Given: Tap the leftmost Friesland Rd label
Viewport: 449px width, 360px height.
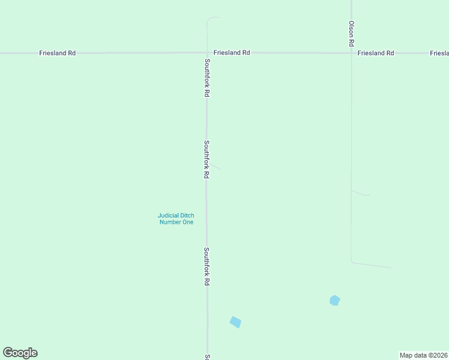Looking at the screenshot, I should point(58,53).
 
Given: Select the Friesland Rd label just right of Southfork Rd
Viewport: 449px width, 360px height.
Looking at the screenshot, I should point(232,53).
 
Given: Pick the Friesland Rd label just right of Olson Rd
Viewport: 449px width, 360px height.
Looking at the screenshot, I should point(376,53).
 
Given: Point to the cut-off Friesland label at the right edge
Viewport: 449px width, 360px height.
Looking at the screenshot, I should point(439,53).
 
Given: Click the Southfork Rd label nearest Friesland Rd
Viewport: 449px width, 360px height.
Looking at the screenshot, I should point(206,78).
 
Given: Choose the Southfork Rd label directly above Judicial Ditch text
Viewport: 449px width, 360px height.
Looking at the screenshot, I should point(206,159).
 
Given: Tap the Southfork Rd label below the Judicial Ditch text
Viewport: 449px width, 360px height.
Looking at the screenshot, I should point(206,266).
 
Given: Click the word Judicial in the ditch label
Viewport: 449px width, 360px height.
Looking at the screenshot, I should point(169,215).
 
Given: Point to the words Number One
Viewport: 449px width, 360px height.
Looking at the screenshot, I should point(176,223).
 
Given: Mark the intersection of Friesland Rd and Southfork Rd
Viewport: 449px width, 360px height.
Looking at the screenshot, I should point(207,53).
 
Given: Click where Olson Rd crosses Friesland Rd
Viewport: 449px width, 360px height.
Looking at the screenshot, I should point(352,53).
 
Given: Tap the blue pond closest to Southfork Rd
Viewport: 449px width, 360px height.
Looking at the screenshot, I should point(235,322).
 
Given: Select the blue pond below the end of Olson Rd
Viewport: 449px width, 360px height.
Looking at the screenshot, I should point(335,300).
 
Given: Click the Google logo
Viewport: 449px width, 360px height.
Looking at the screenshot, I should point(20,353).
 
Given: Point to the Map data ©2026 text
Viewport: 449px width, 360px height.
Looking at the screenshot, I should point(424,355).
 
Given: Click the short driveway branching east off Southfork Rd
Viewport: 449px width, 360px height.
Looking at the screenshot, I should point(214,166).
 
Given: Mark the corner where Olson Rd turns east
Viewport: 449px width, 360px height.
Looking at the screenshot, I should point(352,262).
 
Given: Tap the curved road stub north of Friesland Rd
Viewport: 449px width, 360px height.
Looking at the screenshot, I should point(210,22).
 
